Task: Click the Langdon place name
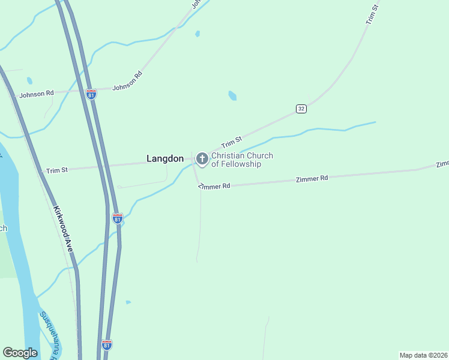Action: point(165,159)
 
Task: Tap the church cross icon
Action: point(202,159)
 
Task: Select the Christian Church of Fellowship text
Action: point(242,160)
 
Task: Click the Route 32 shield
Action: point(301,108)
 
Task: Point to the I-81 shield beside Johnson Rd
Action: point(91,95)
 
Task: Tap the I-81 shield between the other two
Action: point(118,218)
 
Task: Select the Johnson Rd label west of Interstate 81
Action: point(37,94)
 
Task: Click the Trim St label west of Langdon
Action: point(57,170)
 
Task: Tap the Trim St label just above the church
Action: point(231,143)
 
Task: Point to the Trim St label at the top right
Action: point(372,14)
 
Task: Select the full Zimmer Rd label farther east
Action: point(312,179)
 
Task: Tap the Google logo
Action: point(20,353)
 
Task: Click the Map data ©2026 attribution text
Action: point(423,355)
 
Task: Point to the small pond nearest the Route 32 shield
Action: point(232,95)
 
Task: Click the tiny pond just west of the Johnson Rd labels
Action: point(29,80)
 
